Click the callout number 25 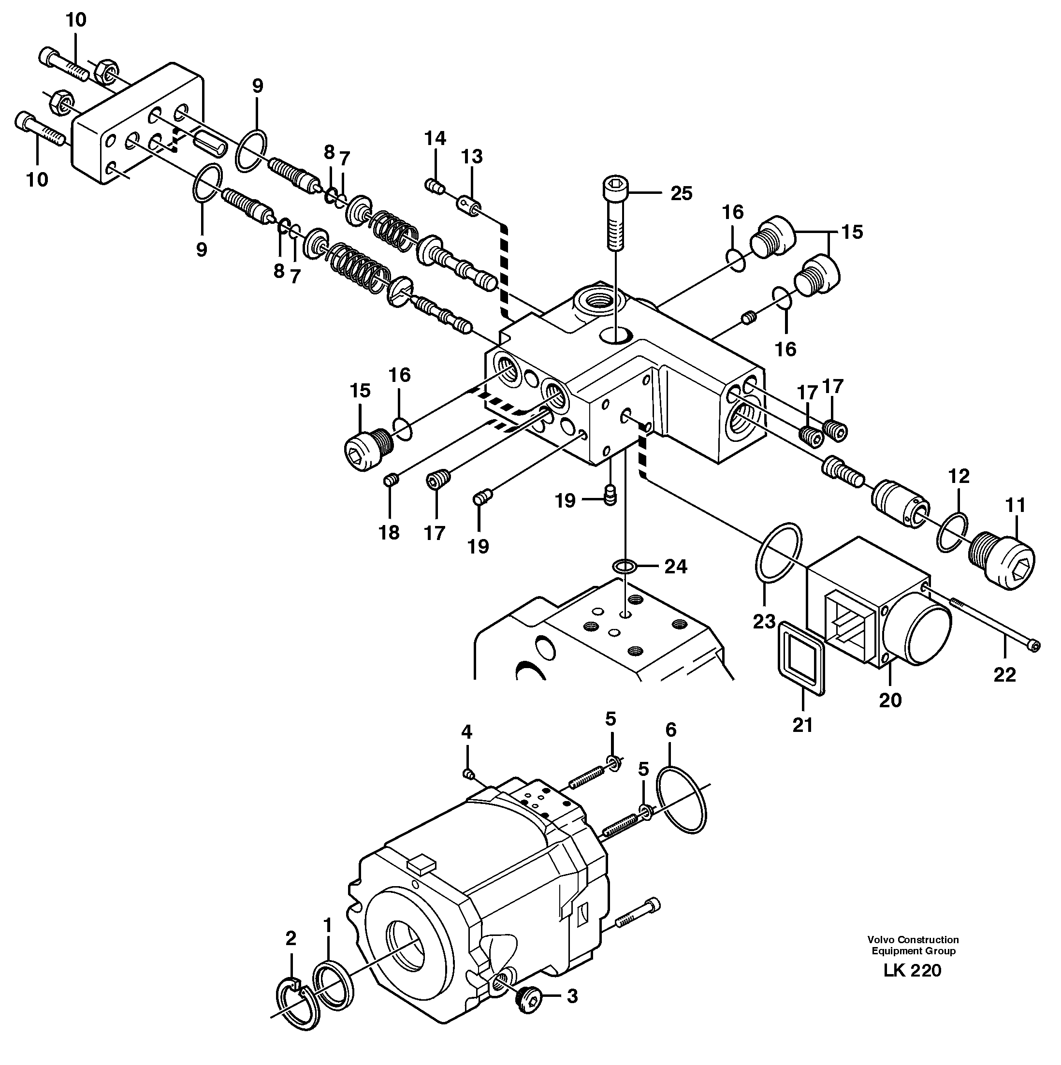[681, 193]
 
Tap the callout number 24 [676, 567]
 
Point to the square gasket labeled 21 [802, 657]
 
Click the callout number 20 [890, 700]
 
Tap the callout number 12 [959, 476]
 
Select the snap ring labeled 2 [298, 1009]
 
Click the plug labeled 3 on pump [530, 997]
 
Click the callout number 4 [467, 732]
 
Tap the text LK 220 [912, 985]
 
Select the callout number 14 [435, 138]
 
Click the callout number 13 [472, 157]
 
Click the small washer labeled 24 [625, 566]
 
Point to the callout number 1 [328, 925]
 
